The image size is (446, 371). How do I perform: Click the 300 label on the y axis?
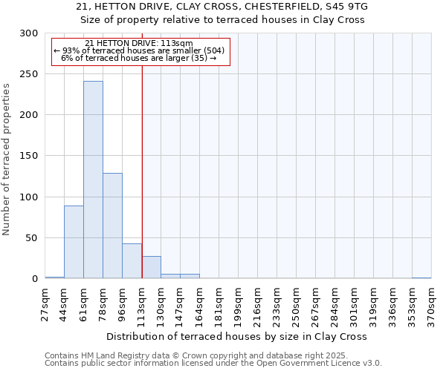pos(30,33)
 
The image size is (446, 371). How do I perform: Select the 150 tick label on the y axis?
pos(30,156)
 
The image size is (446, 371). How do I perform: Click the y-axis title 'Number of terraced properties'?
pos(7,160)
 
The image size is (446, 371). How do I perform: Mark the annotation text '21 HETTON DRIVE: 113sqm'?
pos(139,43)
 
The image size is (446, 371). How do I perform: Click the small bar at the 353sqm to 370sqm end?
pos(421,278)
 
